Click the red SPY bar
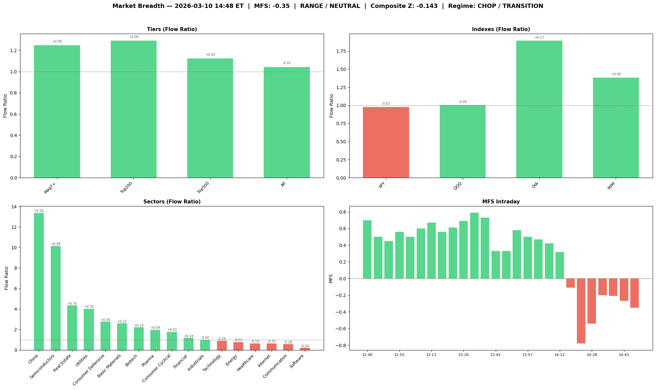pos(386,142)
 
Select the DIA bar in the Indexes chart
pos(539,109)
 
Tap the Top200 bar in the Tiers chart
pos(134,109)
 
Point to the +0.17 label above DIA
pos(539,38)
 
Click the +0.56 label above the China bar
pos(39,211)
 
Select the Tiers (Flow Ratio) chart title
pos(172,29)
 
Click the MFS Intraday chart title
pos(501,202)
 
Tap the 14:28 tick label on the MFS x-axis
pos(592,355)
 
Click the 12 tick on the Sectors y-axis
pos(14,227)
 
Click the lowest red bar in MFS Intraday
pos(581,311)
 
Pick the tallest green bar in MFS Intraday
pos(474,245)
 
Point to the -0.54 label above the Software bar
pos(305,346)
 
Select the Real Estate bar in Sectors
pos(72,328)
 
